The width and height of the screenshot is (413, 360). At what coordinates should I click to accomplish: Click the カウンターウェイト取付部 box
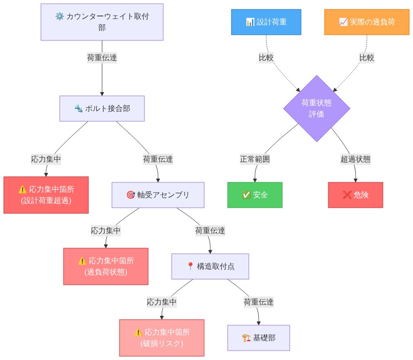coord(102,22)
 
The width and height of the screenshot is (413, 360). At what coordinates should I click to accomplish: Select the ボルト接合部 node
coord(102,109)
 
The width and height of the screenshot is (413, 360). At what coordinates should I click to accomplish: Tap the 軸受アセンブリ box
coord(158,195)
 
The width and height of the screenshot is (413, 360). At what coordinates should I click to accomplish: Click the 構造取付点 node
coord(210,266)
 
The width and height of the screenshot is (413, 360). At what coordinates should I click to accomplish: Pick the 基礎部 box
coord(258,337)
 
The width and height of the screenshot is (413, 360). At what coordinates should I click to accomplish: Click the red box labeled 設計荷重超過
coord(46,195)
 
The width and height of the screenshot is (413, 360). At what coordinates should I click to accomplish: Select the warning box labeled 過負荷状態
coord(105,266)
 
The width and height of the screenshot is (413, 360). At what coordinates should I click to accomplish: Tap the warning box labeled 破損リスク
coord(161,337)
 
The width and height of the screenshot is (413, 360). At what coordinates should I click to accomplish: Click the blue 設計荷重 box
coord(266,22)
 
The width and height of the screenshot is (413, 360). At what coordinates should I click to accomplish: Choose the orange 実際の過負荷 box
coord(366,22)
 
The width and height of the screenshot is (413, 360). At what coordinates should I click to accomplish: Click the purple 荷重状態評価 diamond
coord(317,109)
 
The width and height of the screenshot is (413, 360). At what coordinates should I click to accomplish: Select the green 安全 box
coord(254,195)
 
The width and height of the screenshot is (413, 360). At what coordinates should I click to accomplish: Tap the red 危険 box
coord(355,195)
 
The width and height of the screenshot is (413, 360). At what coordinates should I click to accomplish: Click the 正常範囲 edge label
coord(255,159)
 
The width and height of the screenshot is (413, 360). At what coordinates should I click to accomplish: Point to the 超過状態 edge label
coord(355,159)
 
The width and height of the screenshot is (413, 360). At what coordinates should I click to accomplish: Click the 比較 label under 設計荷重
coord(266,57)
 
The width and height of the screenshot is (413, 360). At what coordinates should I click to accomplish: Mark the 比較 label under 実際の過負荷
coord(366,57)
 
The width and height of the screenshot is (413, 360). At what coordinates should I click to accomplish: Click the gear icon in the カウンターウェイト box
coord(59,16)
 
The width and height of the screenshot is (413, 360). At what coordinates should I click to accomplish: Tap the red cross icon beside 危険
coord(347,195)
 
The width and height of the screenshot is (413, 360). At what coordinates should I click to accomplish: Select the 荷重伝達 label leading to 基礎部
coord(258,302)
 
